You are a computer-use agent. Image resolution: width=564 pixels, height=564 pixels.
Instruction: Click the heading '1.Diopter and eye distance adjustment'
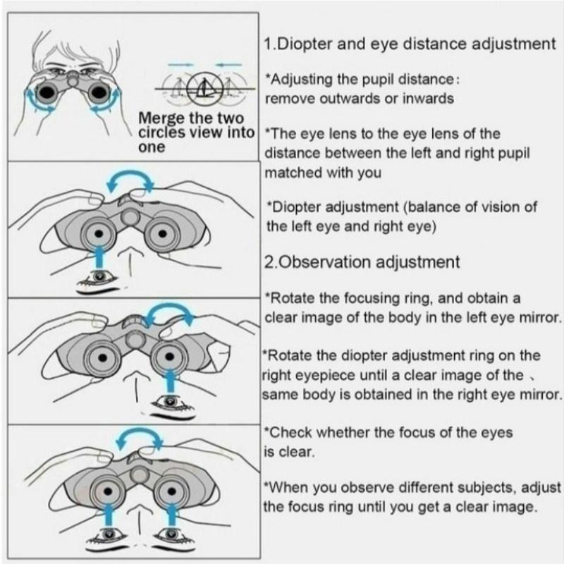(x=410, y=44)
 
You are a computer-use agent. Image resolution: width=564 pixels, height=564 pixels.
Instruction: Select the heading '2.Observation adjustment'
(x=362, y=262)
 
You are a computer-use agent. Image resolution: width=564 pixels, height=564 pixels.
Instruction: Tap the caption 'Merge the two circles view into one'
(x=196, y=133)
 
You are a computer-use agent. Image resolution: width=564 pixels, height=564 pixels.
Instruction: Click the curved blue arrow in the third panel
(x=170, y=306)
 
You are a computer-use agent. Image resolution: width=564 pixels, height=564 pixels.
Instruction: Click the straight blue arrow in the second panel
(x=99, y=256)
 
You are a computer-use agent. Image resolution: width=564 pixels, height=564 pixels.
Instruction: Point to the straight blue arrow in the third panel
(x=171, y=381)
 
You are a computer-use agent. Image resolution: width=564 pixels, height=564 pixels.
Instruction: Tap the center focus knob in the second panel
(x=130, y=216)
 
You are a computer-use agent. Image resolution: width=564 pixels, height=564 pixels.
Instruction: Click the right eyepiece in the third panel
(x=169, y=357)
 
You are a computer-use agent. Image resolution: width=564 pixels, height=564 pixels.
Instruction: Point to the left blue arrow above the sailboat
(x=181, y=65)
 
